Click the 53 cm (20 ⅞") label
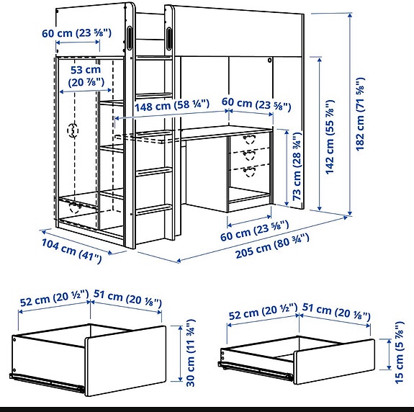coord(86,77)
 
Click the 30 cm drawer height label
coord(191,353)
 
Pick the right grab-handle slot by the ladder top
coord(171,37)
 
